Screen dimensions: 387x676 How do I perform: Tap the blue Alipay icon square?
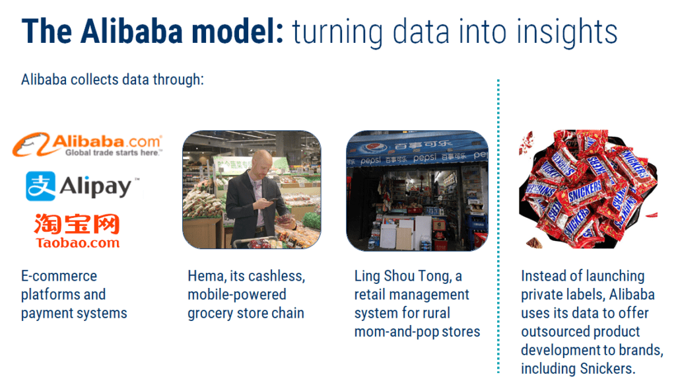pos(40,186)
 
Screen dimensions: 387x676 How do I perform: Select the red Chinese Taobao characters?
pos(77,225)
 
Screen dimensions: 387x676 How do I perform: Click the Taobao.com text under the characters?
pos(77,242)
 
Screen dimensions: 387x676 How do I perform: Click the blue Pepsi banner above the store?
pos(417,150)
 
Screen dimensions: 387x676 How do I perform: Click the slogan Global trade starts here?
pos(112,153)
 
